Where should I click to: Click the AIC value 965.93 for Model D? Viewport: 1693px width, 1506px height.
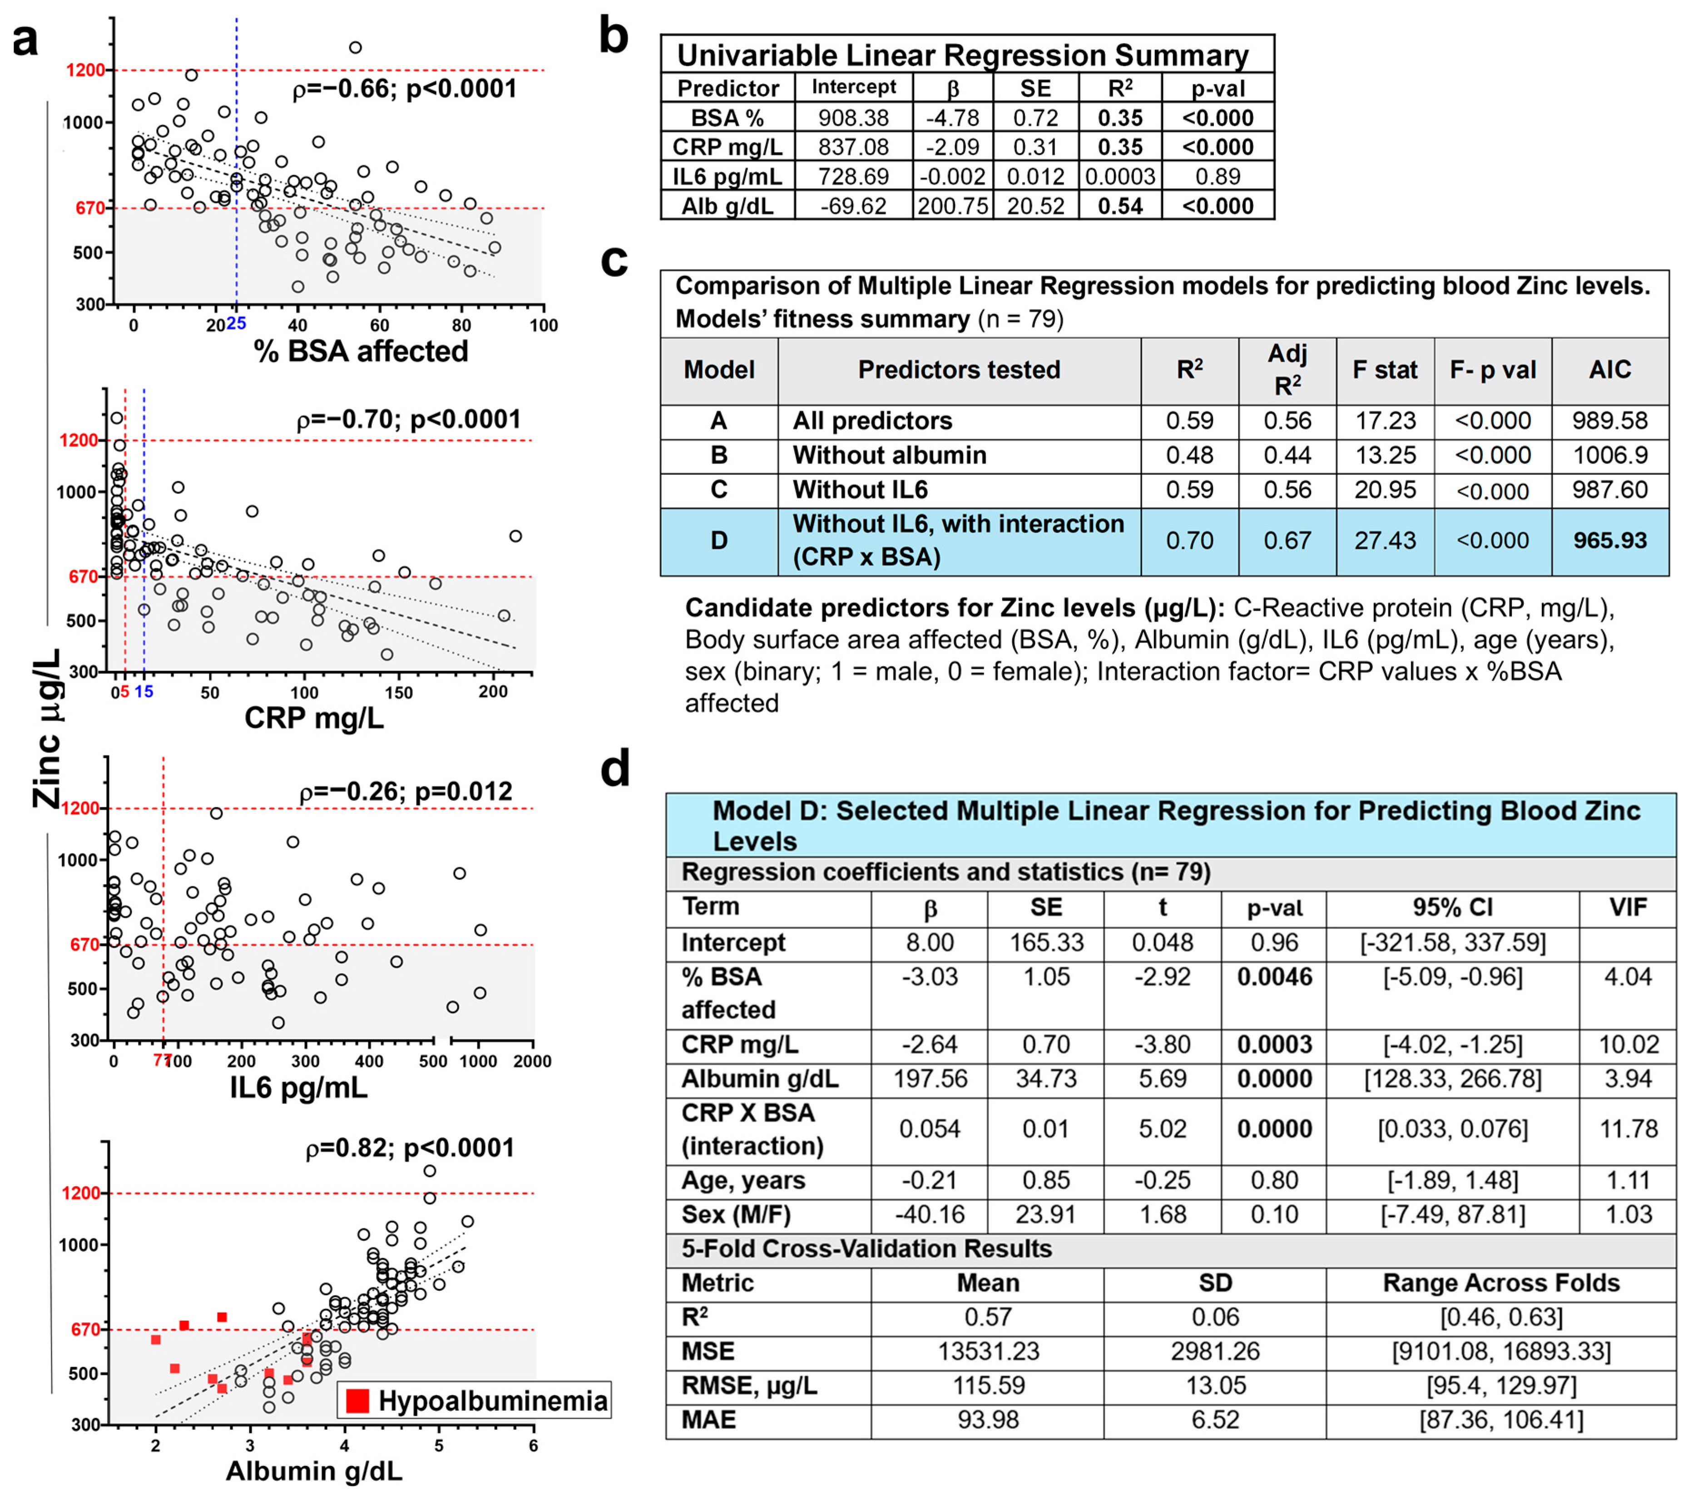pos(1609,541)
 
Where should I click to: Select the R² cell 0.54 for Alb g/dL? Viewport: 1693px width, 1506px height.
pos(1120,206)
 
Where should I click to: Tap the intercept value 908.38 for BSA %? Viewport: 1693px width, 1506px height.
pos(853,118)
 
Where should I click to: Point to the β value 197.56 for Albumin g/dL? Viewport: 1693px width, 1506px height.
pos(929,1079)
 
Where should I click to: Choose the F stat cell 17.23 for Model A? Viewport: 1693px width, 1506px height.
pos(1385,420)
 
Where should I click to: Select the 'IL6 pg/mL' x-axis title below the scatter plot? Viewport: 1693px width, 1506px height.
pos(298,1087)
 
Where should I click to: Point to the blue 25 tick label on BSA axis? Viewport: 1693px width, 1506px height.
pos(237,324)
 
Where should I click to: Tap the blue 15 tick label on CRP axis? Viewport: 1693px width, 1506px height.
pos(144,691)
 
